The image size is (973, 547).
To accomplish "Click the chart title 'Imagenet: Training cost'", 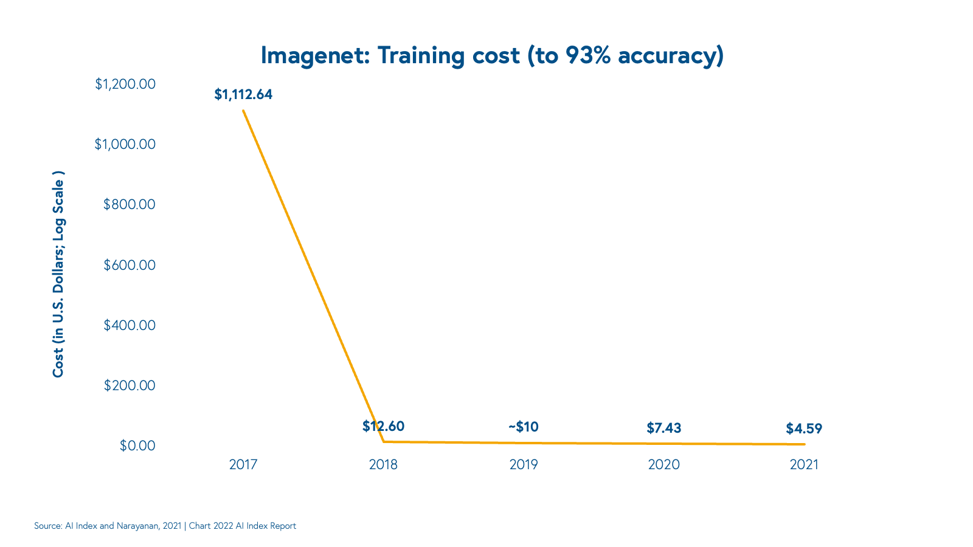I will (492, 55).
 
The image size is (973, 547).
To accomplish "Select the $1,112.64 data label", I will (243, 95).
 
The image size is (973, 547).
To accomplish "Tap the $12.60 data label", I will (383, 426).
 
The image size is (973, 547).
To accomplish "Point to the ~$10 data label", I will (524, 427).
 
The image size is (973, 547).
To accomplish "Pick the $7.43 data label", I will (663, 428).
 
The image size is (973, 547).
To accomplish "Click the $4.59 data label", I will (804, 428).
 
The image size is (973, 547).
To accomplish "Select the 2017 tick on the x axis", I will (243, 465).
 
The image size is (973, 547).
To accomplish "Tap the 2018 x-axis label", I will (383, 465).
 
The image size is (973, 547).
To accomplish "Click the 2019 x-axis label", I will (524, 465).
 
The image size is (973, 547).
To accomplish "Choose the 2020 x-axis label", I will (663, 465).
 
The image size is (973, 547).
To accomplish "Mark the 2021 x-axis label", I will (804, 465).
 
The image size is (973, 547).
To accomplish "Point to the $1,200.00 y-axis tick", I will (125, 84).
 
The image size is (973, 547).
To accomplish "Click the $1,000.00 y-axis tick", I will (125, 144).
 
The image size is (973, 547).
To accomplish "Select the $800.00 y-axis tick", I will (130, 204).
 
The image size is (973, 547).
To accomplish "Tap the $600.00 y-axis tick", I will (130, 265).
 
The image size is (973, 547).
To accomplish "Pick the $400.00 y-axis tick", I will (130, 325).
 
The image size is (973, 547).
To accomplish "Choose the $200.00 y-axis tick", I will (130, 385).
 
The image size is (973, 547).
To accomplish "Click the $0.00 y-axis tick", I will (137, 446).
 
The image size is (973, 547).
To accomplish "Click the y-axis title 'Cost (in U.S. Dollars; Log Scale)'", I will (58, 273).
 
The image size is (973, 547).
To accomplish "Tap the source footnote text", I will (165, 526).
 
